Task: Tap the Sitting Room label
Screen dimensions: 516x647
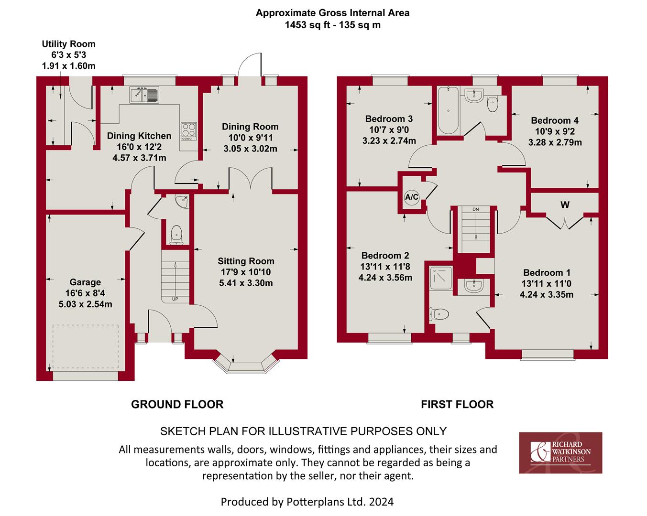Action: [x=246, y=261]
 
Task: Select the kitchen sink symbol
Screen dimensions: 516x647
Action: [x=144, y=95]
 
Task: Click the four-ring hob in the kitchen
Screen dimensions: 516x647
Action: [x=188, y=130]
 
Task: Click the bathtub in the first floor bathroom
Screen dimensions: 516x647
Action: [x=448, y=110]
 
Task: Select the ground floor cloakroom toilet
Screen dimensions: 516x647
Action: [x=176, y=235]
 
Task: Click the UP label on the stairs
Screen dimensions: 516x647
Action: [x=175, y=300]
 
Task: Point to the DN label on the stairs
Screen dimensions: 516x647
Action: [x=475, y=209]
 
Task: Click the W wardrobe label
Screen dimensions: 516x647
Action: [x=565, y=205]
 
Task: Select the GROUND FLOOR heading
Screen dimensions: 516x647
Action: [x=177, y=404]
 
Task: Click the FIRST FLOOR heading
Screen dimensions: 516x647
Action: [x=457, y=404]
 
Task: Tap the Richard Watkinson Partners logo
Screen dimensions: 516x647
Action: [x=560, y=452]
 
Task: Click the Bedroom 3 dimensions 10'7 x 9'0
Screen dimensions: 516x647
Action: [x=389, y=129]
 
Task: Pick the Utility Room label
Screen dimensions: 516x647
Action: [x=68, y=44]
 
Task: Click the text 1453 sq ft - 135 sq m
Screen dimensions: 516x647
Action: [x=332, y=25]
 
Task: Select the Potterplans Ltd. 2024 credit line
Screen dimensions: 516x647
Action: [x=307, y=502]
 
